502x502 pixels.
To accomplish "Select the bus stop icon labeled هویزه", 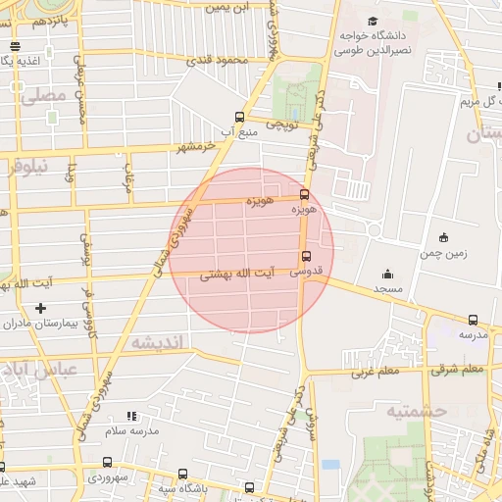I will (304, 194).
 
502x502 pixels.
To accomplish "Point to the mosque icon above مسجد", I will (387, 274).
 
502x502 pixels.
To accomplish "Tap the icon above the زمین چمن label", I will (443, 236).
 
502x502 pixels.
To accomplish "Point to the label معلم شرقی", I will (458, 369).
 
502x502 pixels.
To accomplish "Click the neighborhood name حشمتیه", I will (416, 410).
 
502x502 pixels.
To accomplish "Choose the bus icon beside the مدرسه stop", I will (474, 320).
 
